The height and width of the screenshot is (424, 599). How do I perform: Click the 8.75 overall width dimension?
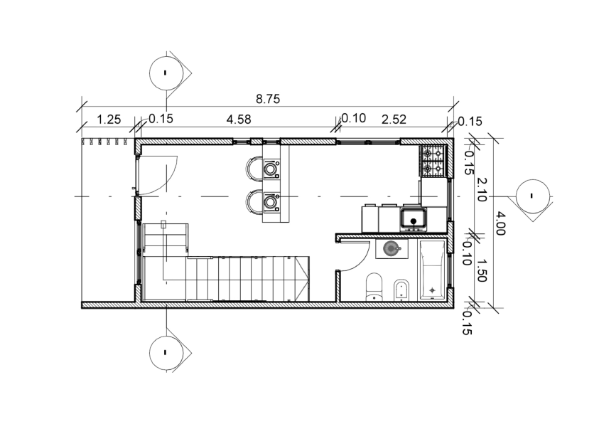[x=268, y=99]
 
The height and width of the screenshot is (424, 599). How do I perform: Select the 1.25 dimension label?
[x=109, y=120]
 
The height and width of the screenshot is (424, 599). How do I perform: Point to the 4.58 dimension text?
[x=239, y=120]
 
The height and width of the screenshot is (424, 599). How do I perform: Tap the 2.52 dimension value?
[x=394, y=120]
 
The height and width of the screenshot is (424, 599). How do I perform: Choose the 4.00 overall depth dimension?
[x=501, y=223]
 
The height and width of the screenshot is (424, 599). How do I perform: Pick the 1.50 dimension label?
[x=481, y=270]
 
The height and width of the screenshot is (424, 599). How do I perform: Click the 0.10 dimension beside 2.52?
[x=353, y=118]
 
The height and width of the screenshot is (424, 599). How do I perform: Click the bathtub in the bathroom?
[x=432, y=270]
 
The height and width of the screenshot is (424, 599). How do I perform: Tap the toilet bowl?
[x=374, y=287]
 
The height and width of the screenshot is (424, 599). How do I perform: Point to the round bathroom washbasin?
[x=392, y=249]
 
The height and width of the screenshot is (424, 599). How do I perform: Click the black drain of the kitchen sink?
[x=414, y=221]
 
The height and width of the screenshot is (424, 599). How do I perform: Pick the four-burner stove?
[x=433, y=161]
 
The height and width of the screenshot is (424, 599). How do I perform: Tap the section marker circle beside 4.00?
[x=533, y=196]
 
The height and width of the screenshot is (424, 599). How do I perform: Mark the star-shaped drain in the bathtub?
[x=432, y=290]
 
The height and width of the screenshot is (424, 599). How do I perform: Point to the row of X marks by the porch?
[x=104, y=142]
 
